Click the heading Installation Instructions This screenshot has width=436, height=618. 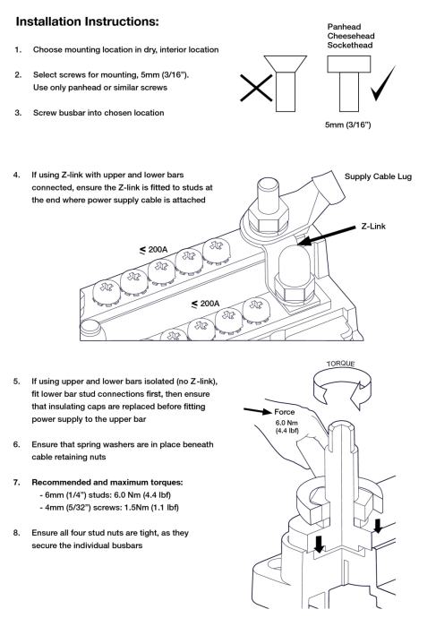87,21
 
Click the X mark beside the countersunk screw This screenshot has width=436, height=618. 256,88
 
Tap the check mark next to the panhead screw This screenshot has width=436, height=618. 383,83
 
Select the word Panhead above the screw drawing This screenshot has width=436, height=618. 344,27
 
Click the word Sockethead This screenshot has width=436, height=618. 350,45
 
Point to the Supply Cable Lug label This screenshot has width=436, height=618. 378,176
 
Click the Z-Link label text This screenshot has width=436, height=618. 373,227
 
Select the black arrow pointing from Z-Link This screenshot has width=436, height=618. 327,236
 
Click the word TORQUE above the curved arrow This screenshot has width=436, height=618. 341,364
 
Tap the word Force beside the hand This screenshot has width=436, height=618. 285,412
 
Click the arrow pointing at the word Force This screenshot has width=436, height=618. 258,411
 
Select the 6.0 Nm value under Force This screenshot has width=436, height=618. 286,423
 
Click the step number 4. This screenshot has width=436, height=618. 16,175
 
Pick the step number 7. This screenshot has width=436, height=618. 16,482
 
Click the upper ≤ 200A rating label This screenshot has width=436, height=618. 154,250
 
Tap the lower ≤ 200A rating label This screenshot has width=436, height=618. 205,304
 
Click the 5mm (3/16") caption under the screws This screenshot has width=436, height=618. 347,124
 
